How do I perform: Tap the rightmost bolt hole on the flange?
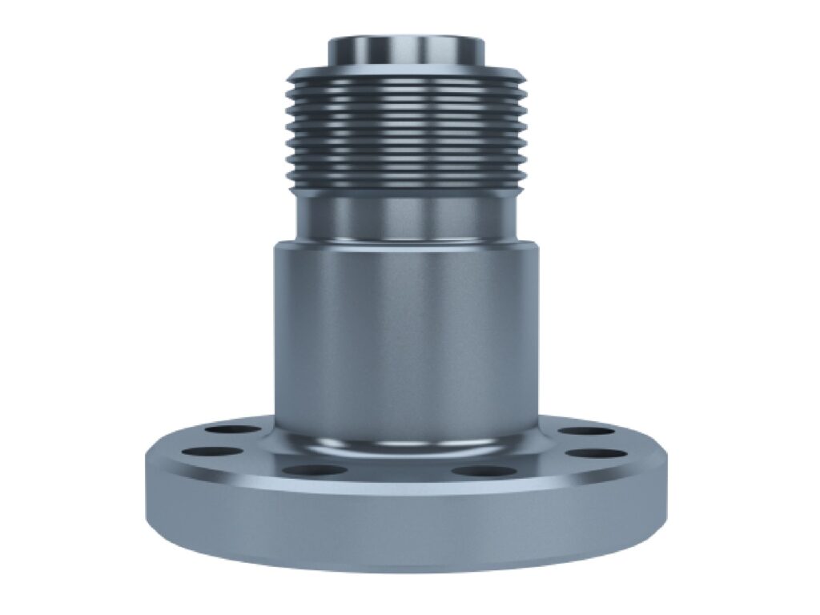(598, 453)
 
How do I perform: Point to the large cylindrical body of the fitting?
(405, 336)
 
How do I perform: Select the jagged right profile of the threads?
(521, 128)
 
